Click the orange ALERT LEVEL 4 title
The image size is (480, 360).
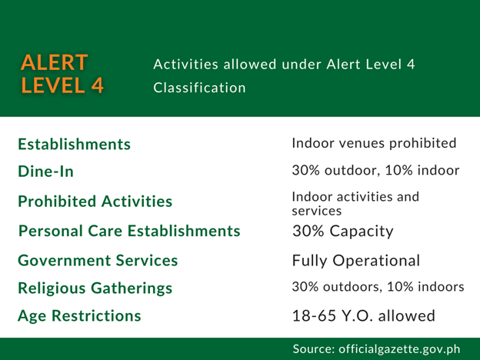(62, 74)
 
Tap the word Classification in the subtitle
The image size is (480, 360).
(199, 88)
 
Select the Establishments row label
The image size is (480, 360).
(74, 144)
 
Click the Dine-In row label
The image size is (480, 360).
(46, 171)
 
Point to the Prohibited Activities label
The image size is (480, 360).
(95, 202)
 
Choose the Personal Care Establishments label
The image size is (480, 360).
(129, 231)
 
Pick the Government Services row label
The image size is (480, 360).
(98, 261)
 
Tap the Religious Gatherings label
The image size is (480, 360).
(95, 288)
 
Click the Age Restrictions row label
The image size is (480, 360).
(79, 316)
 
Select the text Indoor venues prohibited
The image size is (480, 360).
(374, 143)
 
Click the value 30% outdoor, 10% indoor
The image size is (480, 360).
(375, 170)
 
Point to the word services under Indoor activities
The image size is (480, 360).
(316, 211)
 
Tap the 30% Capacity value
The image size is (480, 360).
(343, 231)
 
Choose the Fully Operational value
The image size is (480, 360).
(356, 261)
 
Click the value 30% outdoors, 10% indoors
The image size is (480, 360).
(378, 287)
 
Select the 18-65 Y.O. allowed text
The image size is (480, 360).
(364, 315)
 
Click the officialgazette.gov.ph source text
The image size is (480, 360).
(399, 349)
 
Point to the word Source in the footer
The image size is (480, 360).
(314, 349)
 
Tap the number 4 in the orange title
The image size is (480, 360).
(98, 85)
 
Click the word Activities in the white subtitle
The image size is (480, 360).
(186, 65)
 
